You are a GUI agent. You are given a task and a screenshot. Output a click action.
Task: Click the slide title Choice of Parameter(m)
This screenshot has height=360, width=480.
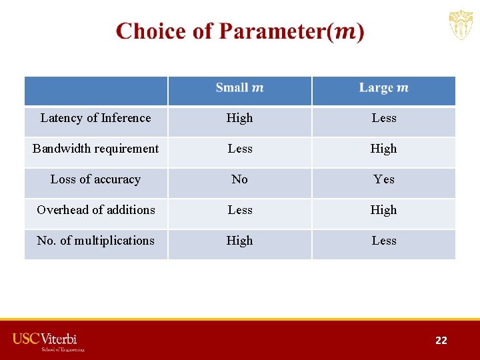click(240, 32)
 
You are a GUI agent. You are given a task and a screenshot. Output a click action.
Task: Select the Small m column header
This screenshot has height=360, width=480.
click(239, 88)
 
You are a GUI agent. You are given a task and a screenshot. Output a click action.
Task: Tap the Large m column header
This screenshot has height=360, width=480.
click(383, 88)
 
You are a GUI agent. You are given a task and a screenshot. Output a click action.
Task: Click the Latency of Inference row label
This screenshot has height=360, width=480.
click(96, 118)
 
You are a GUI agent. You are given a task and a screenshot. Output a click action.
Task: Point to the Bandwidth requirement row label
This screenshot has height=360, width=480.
click(96, 149)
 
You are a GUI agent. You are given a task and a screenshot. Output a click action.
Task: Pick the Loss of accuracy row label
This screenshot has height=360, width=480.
click(96, 179)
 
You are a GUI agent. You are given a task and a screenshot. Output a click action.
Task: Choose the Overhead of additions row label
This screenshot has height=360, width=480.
click(96, 210)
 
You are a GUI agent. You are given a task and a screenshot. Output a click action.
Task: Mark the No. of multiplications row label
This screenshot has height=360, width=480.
click(96, 241)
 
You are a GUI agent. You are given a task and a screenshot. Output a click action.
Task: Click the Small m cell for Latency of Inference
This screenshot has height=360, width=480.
click(239, 118)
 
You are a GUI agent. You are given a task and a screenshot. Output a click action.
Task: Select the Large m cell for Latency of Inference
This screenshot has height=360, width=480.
click(384, 118)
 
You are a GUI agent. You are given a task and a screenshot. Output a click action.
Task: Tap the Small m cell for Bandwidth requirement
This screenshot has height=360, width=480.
click(239, 149)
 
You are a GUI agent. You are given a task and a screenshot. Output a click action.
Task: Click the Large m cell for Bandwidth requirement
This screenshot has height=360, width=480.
click(384, 149)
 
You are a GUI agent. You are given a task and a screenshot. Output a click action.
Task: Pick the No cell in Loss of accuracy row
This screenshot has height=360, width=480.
click(239, 179)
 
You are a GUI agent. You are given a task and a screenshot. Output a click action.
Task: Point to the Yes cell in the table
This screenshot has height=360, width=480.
click(384, 179)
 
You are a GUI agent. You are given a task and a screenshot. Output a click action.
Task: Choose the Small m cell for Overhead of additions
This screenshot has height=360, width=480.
click(239, 210)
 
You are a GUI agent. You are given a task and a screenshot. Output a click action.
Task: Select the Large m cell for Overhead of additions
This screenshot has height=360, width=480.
click(384, 210)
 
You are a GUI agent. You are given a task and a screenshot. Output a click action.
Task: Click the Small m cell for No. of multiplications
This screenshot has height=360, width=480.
click(239, 241)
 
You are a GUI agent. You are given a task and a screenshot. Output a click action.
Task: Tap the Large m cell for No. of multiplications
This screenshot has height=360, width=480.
click(384, 241)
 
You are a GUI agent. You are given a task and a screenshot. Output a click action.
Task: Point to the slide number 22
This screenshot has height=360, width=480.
click(441, 341)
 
